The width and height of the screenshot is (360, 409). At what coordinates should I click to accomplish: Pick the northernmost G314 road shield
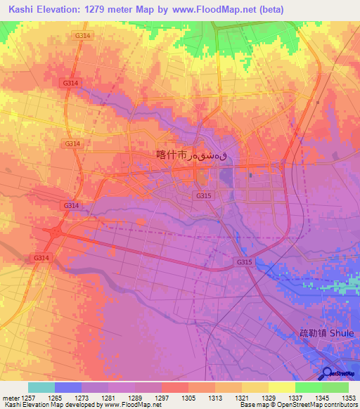tap(82, 34)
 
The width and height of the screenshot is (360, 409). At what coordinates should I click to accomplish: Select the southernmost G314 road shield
tap(41, 258)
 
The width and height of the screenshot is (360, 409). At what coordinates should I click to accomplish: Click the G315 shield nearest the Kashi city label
tap(204, 195)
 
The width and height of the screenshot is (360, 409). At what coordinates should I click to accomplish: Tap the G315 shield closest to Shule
tap(244, 262)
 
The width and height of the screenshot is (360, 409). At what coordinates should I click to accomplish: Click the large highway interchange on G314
tap(56, 231)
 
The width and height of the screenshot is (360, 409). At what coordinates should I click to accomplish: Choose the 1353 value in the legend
tap(349, 397)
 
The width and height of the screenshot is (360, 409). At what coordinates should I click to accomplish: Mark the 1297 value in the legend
tap(162, 397)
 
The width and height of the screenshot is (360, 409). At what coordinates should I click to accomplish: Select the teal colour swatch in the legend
tap(41, 387)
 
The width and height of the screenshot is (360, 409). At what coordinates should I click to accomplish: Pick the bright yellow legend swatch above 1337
tap(281, 387)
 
